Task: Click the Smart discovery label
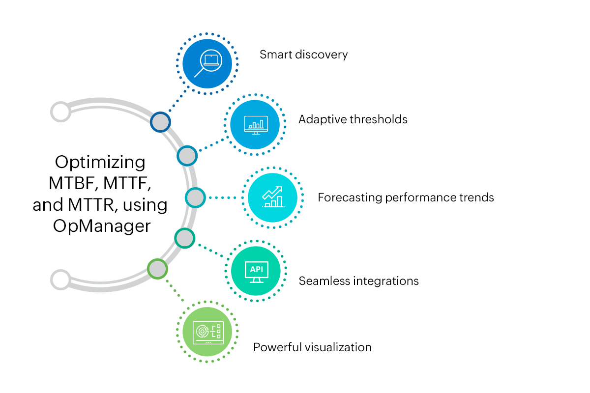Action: [x=303, y=54]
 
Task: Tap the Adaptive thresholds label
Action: [x=353, y=119]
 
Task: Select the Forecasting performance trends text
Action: [x=406, y=197]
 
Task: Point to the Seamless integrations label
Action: [x=358, y=281]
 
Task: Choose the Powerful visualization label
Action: [x=312, y=347]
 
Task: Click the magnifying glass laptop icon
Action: [x=207, y=64]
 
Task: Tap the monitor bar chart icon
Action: [x=256, y=125]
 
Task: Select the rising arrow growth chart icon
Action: [x=272, y=197]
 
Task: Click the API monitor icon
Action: [x=256, y=271]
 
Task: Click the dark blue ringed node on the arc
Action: [x=160, y=122]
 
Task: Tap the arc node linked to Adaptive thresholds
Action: [x=187, y=156]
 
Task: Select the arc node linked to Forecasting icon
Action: [x=195, y=197]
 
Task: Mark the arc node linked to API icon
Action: [x=185, y=239]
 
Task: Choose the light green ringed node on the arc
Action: [x=157, y=269]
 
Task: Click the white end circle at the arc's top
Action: [x=60, y=112]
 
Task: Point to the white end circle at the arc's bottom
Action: [x=60, y=280]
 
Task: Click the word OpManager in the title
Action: [x=101, y=227]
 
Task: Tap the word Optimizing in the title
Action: [x=100, y=162]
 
